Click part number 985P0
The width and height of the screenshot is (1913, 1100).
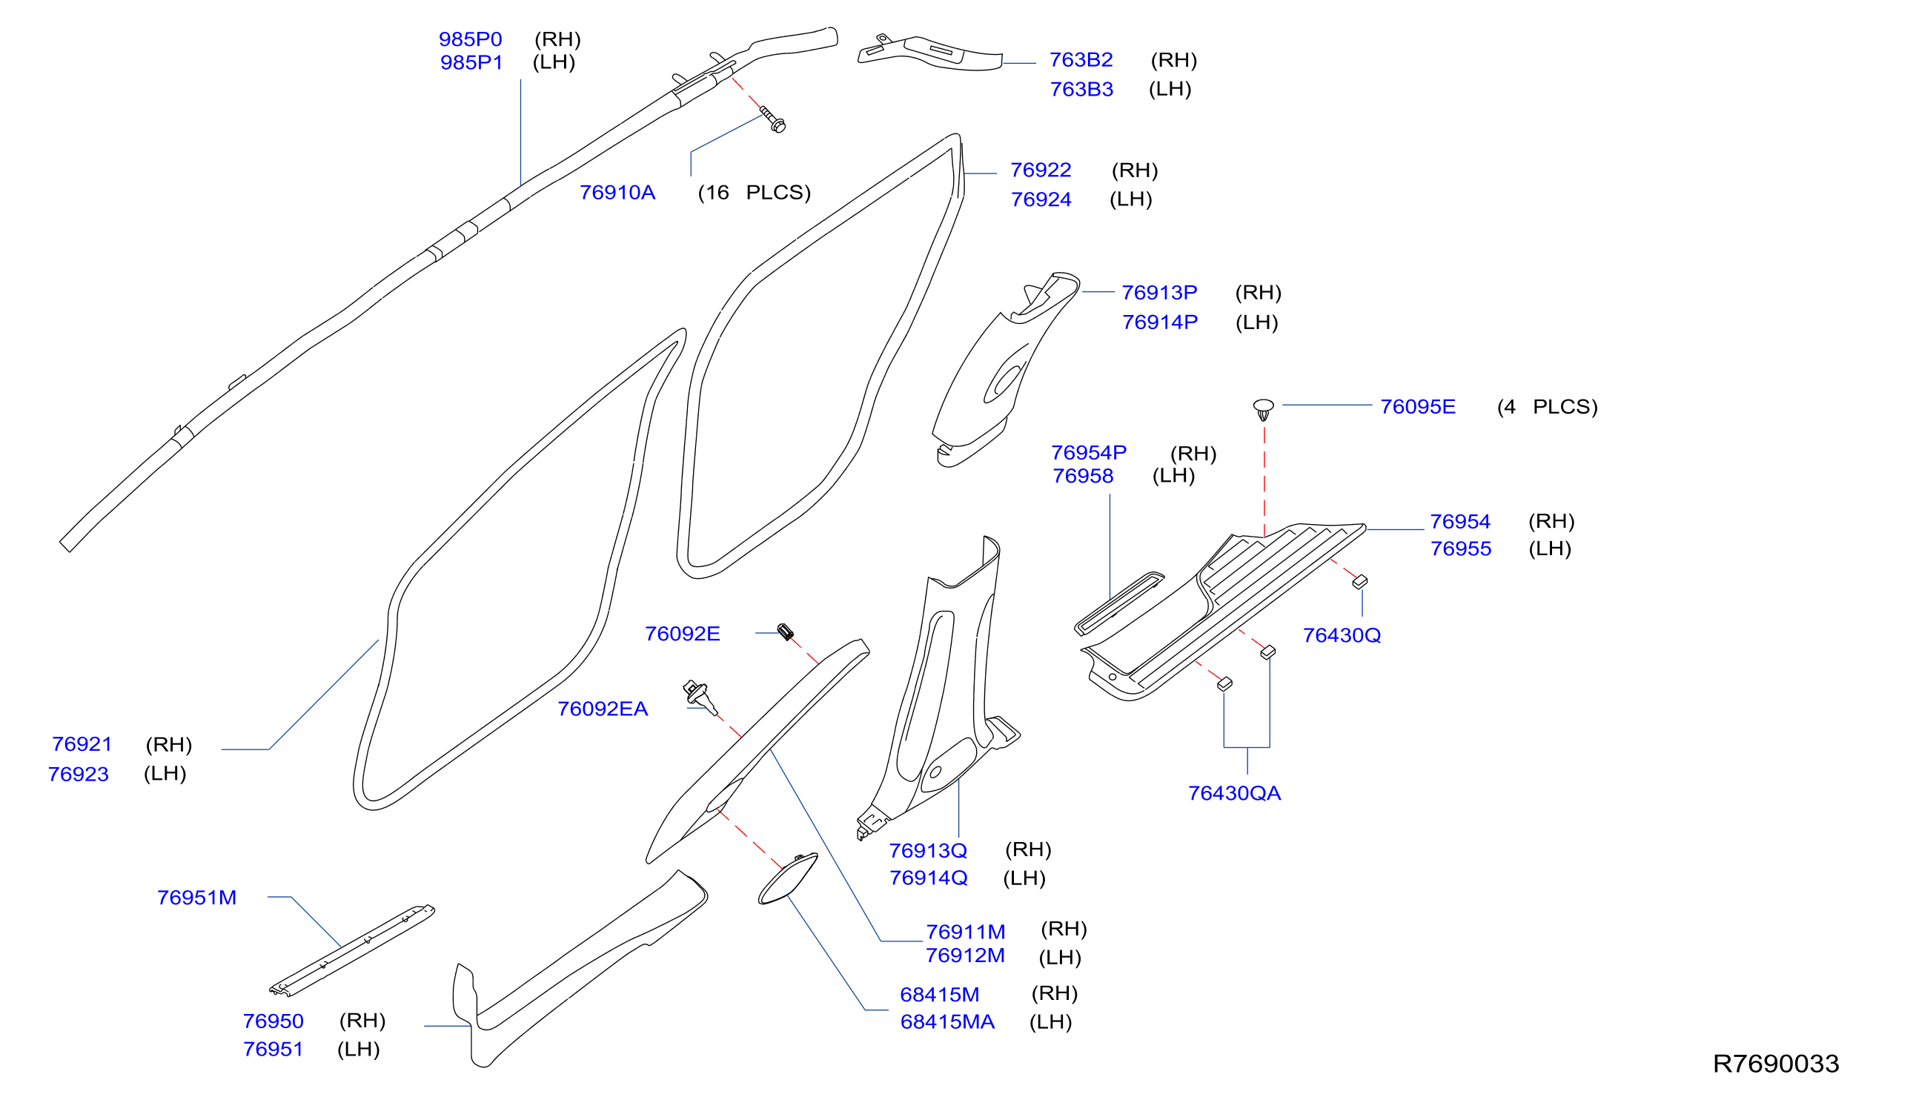tap(470, 39)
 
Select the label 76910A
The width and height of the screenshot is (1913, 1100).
tap(617, 193)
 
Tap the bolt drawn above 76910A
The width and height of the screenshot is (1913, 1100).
tap(772, 119)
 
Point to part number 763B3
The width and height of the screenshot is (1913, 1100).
tap(1081, 89)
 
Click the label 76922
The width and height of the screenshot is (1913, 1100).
tap(1041, 170)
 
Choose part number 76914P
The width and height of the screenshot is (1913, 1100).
tap(1160, 322)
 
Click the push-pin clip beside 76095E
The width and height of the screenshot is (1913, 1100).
tap(1264, 409)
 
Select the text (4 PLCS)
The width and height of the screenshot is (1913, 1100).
tap(1548, 407)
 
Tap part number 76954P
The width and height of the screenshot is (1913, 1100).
tap(1089, 453)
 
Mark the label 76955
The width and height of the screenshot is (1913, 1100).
tap(1461, 549)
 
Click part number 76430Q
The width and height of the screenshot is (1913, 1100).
tap(1342, 635)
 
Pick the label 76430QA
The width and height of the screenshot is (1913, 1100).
tap(1235, 793)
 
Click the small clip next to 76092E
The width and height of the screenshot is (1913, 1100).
tap(786, 632)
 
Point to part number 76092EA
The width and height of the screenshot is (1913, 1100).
tap(603, 709)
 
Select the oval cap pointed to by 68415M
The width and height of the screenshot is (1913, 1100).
tap(788, 878)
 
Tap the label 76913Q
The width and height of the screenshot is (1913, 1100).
tap(928, 851)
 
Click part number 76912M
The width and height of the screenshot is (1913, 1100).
tap(965, 955)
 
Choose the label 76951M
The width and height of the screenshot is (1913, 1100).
tap(196, 898)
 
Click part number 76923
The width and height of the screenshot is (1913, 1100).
tap(79, 775)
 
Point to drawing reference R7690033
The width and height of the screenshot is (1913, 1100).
tap(1776, 1064)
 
